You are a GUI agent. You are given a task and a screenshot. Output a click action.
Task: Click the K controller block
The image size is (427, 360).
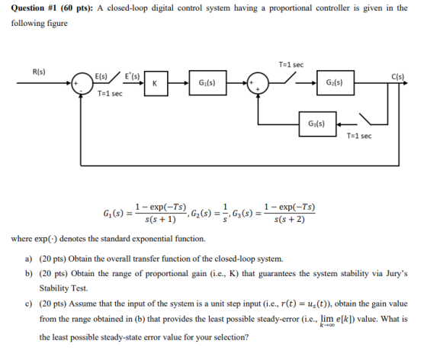[156, 83]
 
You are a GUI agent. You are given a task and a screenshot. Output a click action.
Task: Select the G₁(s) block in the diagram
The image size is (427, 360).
[207, 83]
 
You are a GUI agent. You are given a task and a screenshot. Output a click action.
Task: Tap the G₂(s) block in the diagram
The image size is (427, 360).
[335, 83]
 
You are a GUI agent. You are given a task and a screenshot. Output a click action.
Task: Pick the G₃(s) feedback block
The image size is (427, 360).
[317, 124]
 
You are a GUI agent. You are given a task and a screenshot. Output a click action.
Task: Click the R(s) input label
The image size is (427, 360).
[39, 72]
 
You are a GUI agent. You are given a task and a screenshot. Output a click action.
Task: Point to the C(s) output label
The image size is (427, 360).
[398, 77]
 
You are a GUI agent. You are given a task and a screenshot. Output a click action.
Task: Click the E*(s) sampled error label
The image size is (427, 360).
[132, 76]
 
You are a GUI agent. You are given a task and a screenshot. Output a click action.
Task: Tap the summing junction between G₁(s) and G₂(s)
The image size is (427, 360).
[258, 83]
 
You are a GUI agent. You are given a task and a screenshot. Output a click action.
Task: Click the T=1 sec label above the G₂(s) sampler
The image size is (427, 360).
[291, 65]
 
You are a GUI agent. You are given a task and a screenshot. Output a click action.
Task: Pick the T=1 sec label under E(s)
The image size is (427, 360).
[110, 94]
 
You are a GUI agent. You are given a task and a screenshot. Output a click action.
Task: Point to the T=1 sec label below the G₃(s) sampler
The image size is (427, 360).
[359, 136]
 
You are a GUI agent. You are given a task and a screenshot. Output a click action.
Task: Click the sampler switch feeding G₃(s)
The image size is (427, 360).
[365, 119]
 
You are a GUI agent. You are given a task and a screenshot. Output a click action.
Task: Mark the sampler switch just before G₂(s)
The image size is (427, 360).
[291, 78]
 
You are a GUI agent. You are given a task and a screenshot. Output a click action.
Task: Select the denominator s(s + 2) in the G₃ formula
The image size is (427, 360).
[290, 220]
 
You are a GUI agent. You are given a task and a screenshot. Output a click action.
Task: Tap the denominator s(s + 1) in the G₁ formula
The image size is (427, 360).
[160, 220]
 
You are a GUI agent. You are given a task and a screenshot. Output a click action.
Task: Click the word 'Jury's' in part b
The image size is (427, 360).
[396, 273]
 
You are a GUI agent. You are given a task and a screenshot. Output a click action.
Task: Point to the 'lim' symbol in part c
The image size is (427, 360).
[327, 318]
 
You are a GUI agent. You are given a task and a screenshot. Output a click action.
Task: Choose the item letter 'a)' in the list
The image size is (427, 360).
[29, 259]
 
